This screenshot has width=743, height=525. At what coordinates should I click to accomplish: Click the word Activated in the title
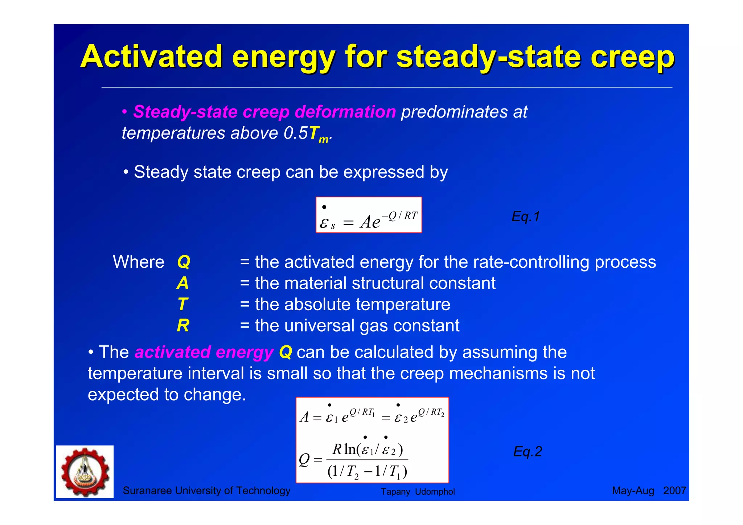click(x=151, y=57)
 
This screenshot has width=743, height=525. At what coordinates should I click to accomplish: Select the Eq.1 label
click(x=526, y=217)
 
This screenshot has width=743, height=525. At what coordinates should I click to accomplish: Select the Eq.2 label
click(x=528, y=452)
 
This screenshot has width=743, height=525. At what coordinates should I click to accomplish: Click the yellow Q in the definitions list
click(x=184, y=262)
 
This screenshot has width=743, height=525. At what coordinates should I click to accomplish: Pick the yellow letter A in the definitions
click(x=183, y=283)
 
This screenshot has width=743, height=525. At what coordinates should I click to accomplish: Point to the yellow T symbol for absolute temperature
click(x=183, y=304)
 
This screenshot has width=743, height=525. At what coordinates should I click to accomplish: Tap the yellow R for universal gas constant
click(x=183, y=325)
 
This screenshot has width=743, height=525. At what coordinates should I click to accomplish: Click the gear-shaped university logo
click(x=85, y=472)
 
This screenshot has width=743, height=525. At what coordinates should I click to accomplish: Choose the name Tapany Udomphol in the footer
click(x=418, y=492)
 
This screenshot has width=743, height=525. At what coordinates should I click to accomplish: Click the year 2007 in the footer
click(x=674, y=491)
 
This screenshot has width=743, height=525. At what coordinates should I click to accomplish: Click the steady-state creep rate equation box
click(x=369, y=215)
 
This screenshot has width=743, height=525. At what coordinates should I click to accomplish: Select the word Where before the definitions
click(x=139, y=262)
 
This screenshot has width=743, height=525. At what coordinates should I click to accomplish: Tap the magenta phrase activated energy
click(x=204, y=352)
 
